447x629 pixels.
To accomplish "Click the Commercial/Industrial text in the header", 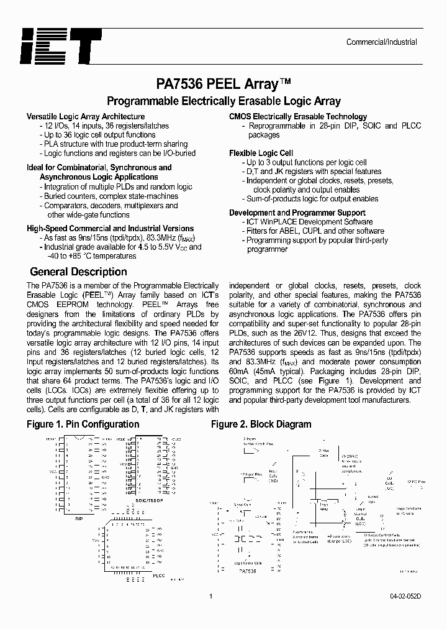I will [x=381, y=42].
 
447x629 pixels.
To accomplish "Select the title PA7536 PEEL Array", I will [x=223, y=83].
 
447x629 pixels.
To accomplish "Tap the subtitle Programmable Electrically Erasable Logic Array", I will [x=223, y=101].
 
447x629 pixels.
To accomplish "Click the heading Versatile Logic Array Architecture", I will [x=86, y=116].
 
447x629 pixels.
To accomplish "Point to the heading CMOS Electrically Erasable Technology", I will [x=298, y=116].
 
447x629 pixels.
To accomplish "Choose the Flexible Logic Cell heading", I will [x=261, y=153].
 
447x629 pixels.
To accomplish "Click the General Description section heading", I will [x=78, y=272].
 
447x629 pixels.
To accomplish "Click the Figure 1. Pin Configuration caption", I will [x=83, y=424].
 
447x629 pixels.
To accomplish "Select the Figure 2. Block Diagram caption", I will [x=261, y=424].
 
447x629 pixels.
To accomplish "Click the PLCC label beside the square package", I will [x=158, y=576].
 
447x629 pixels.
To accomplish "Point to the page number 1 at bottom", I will [x=211, y=597].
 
